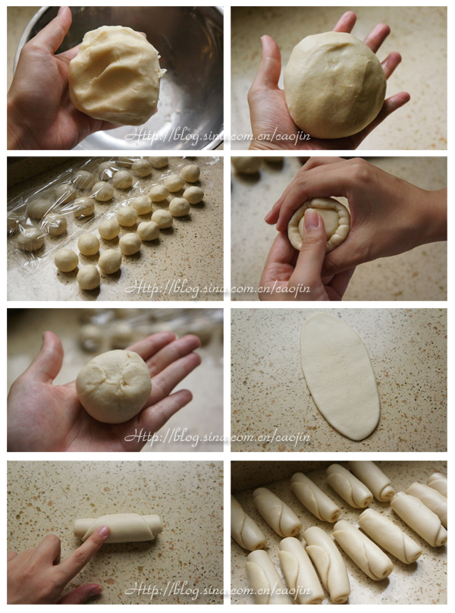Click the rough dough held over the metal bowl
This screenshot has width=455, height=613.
(x=115, y=74)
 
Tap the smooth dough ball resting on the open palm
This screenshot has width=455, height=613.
(x=334, y=84)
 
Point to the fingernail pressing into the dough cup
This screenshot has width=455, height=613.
(x=312, y=219)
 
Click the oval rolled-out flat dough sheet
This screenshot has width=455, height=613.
(x=339, y=376)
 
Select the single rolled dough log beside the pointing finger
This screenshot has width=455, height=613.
(x=118, y=528)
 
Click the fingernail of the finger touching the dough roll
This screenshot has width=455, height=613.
(x=104, y=530)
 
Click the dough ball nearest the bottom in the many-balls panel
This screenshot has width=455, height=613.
(x=88, y=277)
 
